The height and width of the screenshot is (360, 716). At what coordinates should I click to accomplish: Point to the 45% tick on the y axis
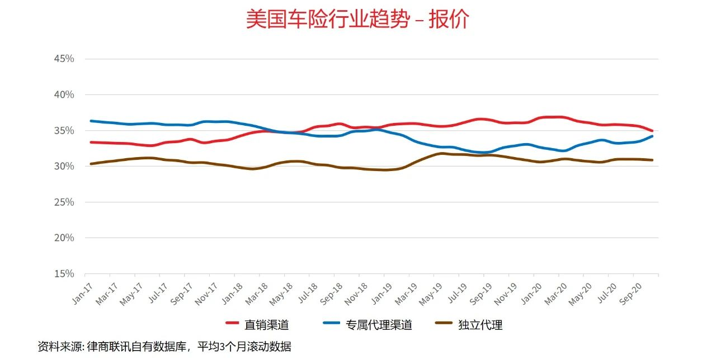(x=63, y=59)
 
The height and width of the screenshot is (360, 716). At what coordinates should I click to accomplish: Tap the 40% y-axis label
(x=63, y=94)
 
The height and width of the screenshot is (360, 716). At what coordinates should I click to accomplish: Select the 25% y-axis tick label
(x=63, y=202)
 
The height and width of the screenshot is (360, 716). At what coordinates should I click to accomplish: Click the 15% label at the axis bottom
(x=63, y=273)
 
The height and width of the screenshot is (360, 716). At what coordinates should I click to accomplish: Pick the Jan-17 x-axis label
(x=82, y=292)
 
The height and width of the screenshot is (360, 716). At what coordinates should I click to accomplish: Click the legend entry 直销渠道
(x=266, y=325)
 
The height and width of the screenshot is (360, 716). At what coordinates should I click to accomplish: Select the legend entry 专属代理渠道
(x=379, y=325)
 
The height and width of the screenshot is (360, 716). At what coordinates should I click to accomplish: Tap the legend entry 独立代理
(x=480, y=325)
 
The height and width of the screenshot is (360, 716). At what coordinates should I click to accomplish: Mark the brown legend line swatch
(x=444, y=324)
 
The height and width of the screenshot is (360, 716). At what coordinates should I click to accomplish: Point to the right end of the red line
(x=652, y=131)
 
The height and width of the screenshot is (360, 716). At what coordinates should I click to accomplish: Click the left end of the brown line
(x=91, y=164)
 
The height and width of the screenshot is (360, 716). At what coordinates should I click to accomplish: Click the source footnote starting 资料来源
(x=164, y=347)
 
